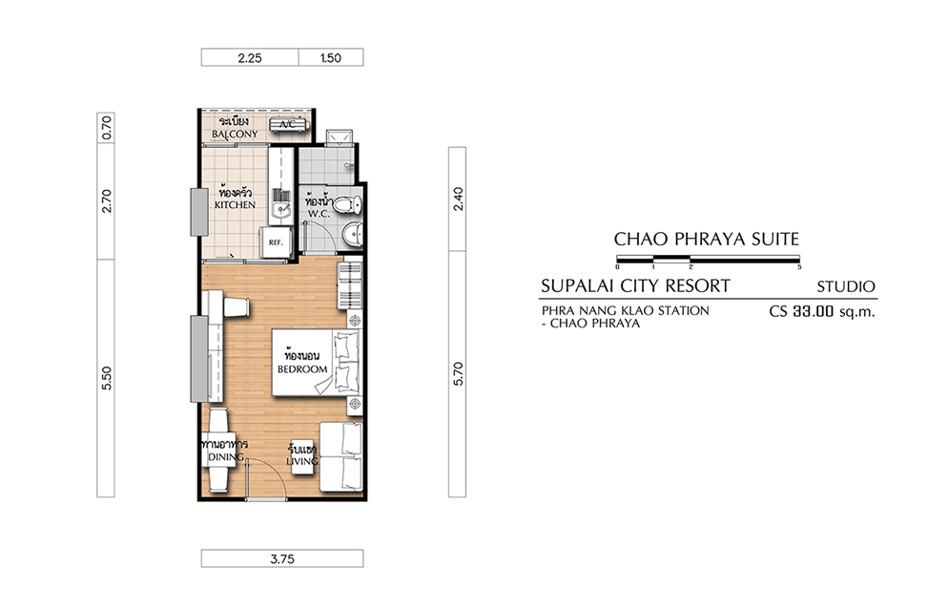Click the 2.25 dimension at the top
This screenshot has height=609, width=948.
[250, 58]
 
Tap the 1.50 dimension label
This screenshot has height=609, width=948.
[331, 58]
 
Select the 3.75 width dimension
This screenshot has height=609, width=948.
[282, 558]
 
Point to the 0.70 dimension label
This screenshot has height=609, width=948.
[107, 128]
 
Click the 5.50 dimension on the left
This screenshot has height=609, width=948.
[107, 378]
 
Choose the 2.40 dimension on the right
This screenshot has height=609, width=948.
[459, 199]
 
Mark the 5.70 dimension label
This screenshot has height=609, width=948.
[459, 373]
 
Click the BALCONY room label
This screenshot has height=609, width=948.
[235, 134]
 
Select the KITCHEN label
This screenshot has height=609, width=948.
[235, 204]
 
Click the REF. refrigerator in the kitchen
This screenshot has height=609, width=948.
[276, 242]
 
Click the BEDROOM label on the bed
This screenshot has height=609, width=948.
[302, 368]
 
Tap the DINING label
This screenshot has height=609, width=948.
[225, 457]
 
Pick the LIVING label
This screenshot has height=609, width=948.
[301, 461]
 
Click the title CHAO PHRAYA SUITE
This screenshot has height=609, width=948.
[706, 240]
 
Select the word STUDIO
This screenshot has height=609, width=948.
[846, 286]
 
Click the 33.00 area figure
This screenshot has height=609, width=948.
[814, 311]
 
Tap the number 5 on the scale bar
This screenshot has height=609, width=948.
[799, 267]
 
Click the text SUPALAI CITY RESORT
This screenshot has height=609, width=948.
[635, 285]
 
